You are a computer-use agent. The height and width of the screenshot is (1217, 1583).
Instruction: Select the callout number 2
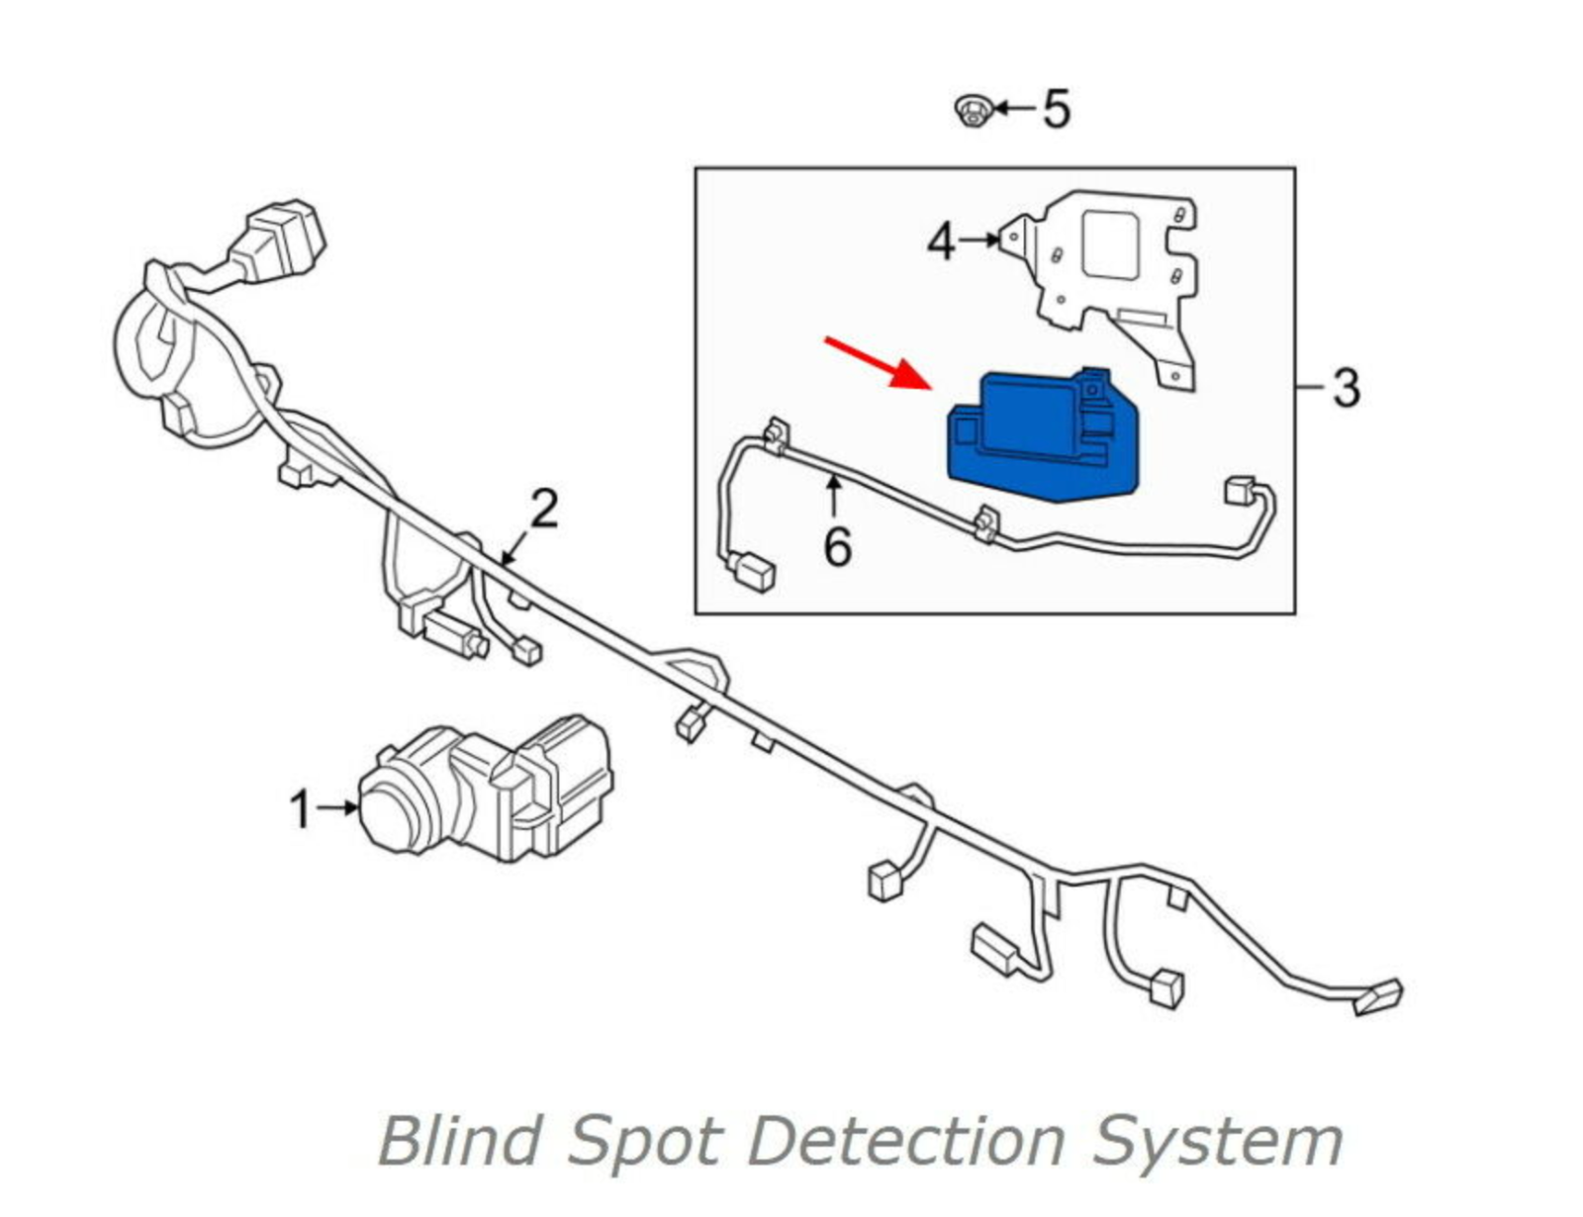pos(544,510)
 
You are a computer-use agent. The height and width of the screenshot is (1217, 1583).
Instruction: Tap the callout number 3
pos(1346,388)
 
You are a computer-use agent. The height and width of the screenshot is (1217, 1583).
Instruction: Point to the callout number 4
pos(941,241)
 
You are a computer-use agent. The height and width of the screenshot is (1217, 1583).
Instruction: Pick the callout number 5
pos(1057,109)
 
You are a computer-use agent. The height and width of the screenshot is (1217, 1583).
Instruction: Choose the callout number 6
pos(837,547)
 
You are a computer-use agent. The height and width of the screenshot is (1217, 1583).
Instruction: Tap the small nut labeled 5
pos(974,110)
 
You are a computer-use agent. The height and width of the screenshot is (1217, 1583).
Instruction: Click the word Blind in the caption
pos(461,1140)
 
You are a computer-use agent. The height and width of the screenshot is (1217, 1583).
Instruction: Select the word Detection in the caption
pos(907,1140)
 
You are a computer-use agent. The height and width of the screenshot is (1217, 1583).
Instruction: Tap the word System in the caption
pos(1217,1140)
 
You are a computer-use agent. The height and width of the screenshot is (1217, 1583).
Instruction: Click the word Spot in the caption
pos(644,1140)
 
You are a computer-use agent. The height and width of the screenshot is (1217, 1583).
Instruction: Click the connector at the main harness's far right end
pos(1377,996)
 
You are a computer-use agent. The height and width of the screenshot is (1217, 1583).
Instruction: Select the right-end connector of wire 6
pos(1241,491)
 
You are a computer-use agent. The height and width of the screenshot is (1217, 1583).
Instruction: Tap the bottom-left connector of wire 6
pos(751,573)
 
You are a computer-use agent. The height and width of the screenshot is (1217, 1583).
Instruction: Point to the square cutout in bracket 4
pos(1110,243)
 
